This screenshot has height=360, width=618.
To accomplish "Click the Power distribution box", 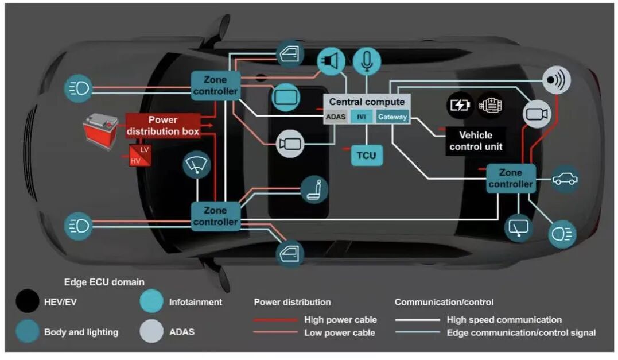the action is (163, 126).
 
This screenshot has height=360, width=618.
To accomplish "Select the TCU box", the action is (367, 156).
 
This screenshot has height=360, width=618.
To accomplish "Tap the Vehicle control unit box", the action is (476, 141).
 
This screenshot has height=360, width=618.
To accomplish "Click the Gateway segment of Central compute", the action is (392, 117).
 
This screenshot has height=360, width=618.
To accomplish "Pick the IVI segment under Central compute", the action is (362, 117).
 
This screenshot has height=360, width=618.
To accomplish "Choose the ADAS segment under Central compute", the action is (336, 117).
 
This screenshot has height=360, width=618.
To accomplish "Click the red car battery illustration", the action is (100, 130).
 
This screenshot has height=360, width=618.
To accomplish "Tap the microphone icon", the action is (367, 61).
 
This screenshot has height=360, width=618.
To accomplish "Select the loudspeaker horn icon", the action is (331, 61).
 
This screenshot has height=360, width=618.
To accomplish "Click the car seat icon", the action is (314, 189).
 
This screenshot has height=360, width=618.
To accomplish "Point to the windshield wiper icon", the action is (197, 165).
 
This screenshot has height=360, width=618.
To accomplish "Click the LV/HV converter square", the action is (140, 156).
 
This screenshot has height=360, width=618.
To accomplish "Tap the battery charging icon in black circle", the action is (460, 105).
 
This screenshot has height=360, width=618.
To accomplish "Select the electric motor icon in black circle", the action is (490, 105).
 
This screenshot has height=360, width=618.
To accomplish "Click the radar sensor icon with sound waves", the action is (556, 80).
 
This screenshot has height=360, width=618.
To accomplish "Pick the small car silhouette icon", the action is (565, 179).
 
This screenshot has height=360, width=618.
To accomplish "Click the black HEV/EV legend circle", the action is (27, 301).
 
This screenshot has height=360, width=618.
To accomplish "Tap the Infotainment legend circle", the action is (151, 301).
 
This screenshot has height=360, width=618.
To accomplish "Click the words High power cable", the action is (340, 320).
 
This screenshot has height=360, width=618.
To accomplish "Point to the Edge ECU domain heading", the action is (104, 282).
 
